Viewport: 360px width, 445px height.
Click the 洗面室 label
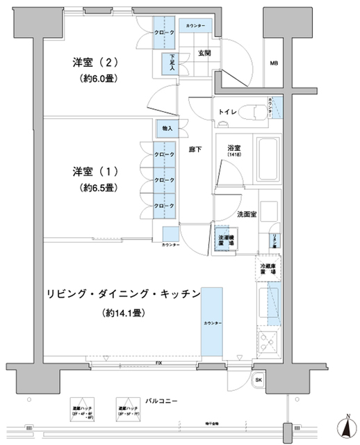[247, 214]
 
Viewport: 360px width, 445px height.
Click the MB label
[274, 65]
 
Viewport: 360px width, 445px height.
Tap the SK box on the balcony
[259, 380]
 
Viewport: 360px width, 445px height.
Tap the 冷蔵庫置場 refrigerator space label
[268, 268]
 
